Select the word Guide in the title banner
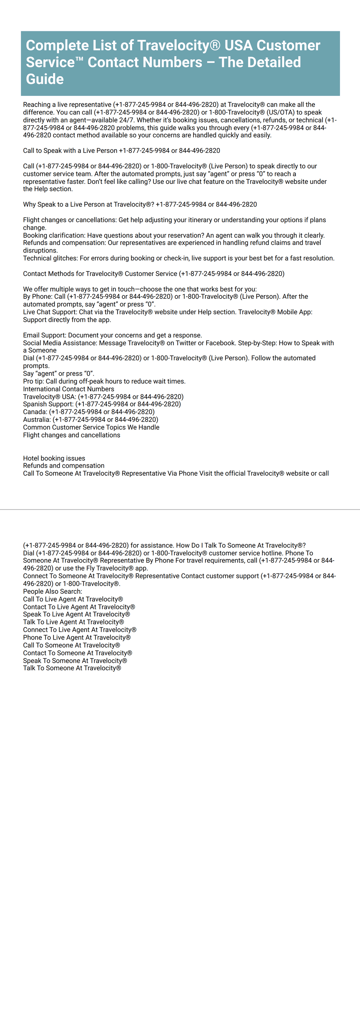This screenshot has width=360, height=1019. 45,79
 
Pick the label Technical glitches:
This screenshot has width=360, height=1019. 51,258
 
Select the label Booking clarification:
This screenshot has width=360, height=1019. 54,235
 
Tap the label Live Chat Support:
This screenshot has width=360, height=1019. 50,312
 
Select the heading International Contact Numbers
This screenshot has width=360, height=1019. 68,389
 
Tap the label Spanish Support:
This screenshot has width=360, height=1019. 48,404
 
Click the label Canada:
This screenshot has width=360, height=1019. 35,412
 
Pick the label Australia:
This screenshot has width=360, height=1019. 37,419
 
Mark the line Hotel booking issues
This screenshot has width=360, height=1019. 54,458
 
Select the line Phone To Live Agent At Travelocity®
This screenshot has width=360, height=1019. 77,637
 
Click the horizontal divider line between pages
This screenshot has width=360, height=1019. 180,509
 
